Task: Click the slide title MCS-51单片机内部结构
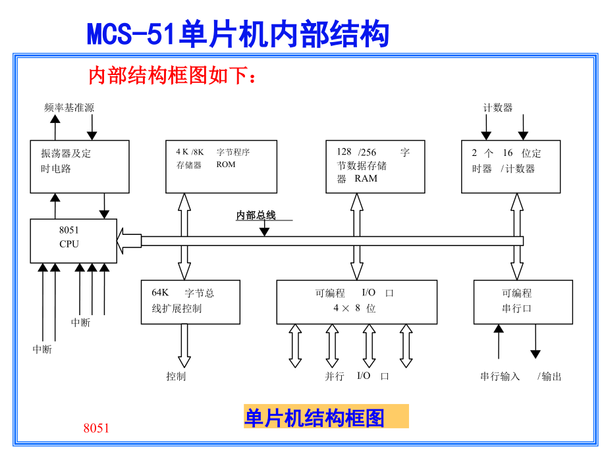pyautogui.click(x=238, y=34)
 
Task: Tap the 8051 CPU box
pyautogui.click(x=73, y=241)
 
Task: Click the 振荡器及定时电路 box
pyautogui.click(x=80, y=166)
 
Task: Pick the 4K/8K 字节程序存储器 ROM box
pyautogui.click(x=220, y=166)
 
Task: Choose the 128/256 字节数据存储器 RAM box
pyautogui.click(x=375, y=166)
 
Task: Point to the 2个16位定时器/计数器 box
pyautogui.click(x=510, y=166)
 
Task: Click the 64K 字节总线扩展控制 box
pyautogui.click(x=190, y=301)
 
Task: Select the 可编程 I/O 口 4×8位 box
pyautogui.click(x=356, y=301)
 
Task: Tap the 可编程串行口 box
pyautogui.click(x=523, y=301)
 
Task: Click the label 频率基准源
pyautogui.click(x=69, y=107)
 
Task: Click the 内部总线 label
pyautogui.click(x=256, y=215)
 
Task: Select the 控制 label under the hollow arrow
pyautogui.click(x=176, y=376)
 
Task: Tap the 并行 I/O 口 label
pyautogui.click(x=356, y=376)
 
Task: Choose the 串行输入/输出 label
pyautogui.click(x=520, y=376)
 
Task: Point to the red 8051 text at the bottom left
pyautogui.click(x=96, y=428)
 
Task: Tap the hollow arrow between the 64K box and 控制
pyautogui.click(x=184, y=345)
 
